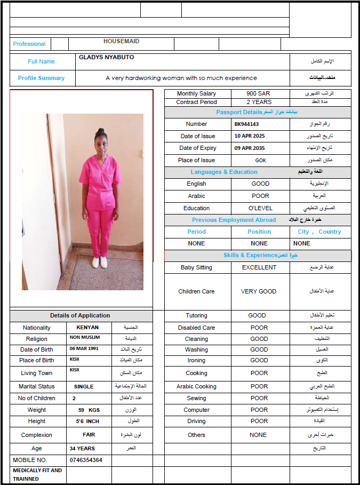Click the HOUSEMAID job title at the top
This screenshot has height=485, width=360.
121,41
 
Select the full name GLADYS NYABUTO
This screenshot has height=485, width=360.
106,57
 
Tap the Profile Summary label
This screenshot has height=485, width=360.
41,78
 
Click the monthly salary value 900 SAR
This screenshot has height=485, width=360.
258,93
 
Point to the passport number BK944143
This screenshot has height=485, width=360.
246,124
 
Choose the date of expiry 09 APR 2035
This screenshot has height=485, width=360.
250,148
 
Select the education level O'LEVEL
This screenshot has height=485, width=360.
260,208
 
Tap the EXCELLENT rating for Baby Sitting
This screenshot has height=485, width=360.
259,267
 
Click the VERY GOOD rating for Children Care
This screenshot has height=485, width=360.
259,291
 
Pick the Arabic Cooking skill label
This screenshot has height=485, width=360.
196,386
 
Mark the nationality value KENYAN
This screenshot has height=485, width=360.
87,328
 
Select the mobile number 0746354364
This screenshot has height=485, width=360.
86,460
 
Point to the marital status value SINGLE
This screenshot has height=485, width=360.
84,386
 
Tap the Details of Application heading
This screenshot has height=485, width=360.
80,315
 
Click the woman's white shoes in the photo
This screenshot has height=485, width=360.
100,262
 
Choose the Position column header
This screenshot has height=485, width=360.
259,232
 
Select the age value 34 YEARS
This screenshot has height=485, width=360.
82,448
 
